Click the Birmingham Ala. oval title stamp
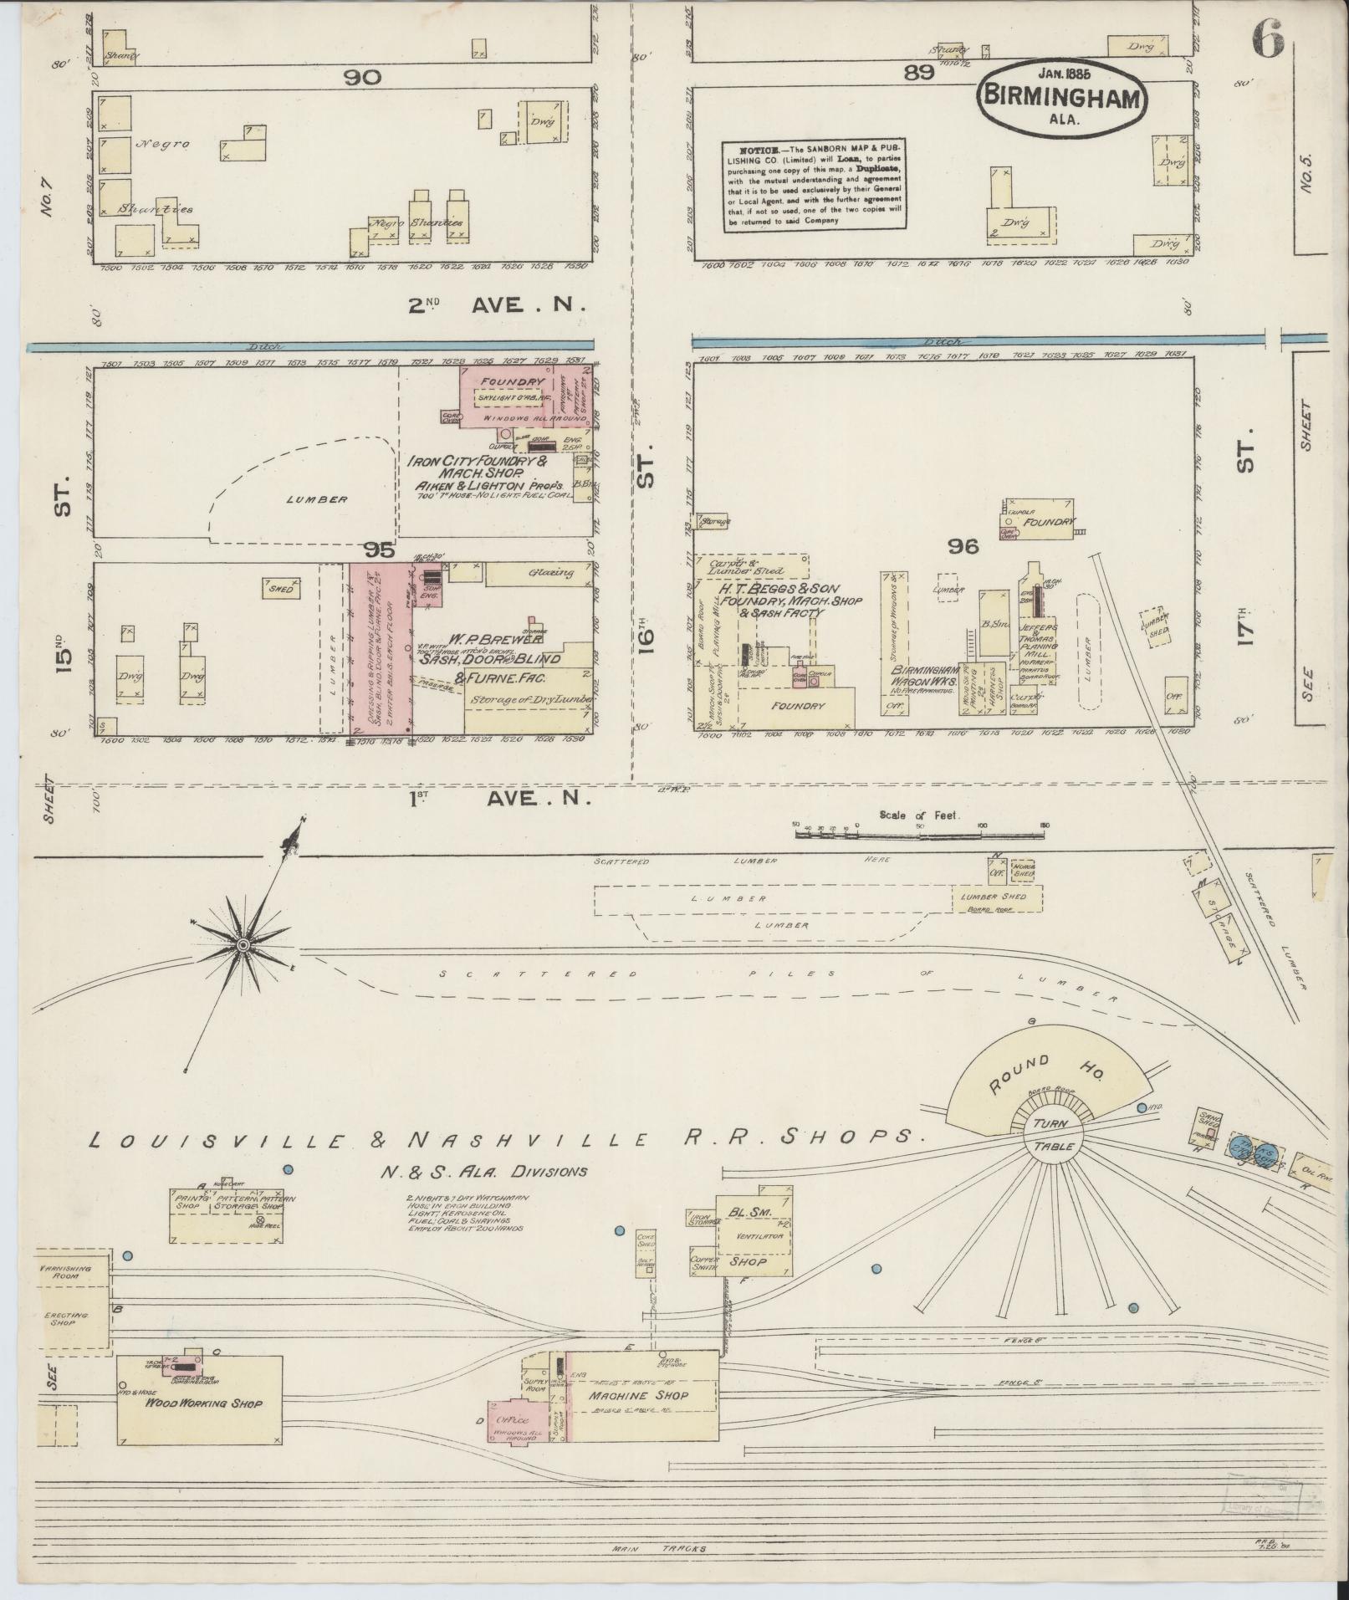[1061, 97]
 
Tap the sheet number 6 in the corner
[1268, 39]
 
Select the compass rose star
[243, 944]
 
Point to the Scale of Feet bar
[919, 831]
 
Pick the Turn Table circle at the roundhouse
[1053, 1135]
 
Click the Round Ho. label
[1021, 1074]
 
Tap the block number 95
[379, 550]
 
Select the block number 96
[963, 546]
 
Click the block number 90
[361, 77]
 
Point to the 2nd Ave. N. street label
[495, 306]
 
